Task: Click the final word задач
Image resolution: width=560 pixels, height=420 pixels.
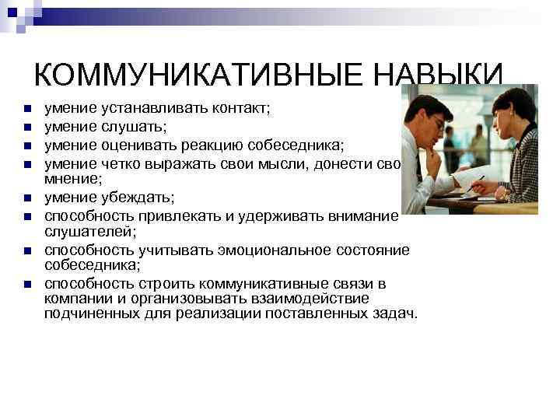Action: point(396,314)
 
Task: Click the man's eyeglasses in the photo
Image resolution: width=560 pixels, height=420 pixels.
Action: point(438,122)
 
